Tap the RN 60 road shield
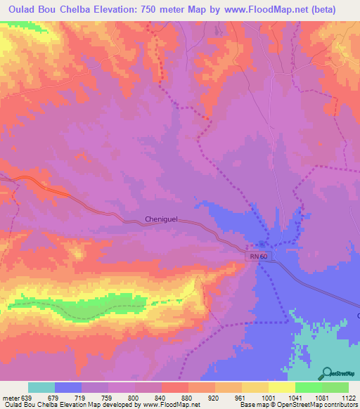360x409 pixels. (x=258, y=257)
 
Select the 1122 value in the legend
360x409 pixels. (x=349, y=397)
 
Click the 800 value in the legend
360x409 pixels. (x=135, y=397)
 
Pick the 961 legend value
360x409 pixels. (x=241, y=397)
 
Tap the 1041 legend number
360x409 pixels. (x=295, y=397)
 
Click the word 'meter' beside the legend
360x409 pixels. (x=11, y=397)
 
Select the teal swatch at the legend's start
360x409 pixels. (x=41, y=387)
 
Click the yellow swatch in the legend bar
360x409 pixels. (x=281, y=387)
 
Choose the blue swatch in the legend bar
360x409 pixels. (x=68, y=387)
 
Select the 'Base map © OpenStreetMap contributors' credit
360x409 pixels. (x=297, y=405)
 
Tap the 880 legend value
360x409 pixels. (x=188, y=397)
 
